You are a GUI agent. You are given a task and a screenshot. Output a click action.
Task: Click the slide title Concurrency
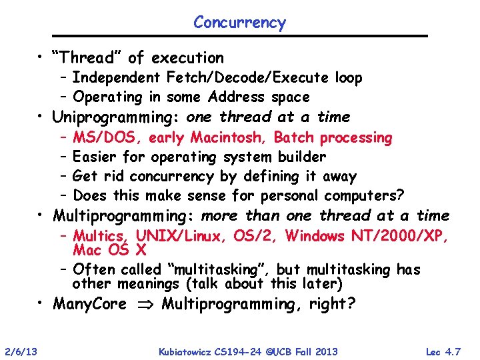(x=239, y=22)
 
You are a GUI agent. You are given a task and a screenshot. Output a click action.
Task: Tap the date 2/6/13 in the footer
(x=21, y=351)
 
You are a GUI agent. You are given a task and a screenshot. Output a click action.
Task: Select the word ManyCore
(x=89, y=305)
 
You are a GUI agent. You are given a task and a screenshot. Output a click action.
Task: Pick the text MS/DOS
(x=107, y=138)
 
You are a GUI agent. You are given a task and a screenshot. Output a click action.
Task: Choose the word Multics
(x=101, y=236)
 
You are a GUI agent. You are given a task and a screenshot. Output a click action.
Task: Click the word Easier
(x=97, y=157)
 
